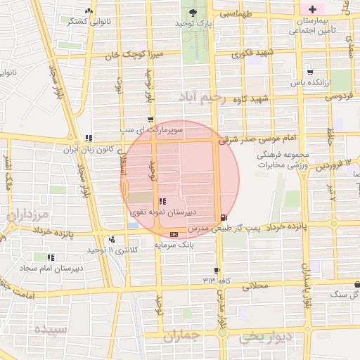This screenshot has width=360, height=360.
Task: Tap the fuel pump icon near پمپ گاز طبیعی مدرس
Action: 224,217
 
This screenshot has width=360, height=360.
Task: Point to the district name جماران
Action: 182,337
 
